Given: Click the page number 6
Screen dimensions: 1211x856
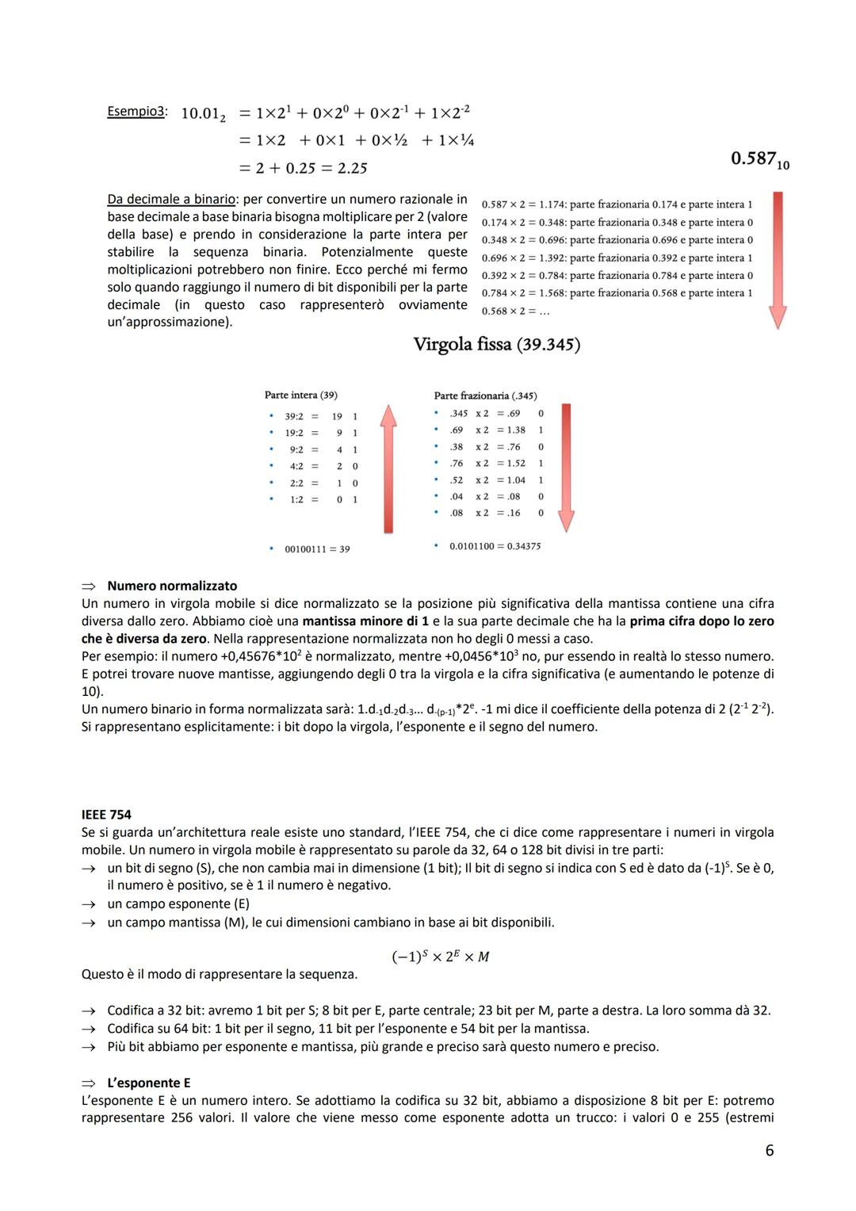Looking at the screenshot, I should (x=769, y=1150).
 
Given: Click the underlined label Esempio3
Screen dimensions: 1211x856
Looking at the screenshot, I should (x=136, y=112).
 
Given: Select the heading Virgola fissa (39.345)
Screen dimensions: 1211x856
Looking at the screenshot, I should (x=496, y=345).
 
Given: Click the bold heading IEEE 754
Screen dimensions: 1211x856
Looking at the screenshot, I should (x=106, y=815).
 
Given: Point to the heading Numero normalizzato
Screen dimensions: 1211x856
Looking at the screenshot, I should (x=172, y=586).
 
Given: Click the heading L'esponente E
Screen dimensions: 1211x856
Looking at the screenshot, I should (x=148, y=1083).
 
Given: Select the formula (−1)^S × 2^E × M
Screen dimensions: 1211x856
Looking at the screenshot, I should (x=441, y=957).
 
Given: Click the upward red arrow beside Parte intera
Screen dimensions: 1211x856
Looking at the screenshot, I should (x=388, y=468).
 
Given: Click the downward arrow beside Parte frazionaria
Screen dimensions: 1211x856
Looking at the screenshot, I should (x=565, y=468).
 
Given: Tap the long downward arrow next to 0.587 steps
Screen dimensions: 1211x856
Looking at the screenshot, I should (x=778, y=259).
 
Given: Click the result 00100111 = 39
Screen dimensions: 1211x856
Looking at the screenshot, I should (x=317, y=548).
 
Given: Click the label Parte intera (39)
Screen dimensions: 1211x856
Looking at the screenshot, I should (x=300, y=395).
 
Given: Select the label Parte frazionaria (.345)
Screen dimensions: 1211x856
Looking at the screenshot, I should (x=485, y=395).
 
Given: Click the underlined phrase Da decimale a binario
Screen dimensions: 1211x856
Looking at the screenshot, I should (x=171, y=199).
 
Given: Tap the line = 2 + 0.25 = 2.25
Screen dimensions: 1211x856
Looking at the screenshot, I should (x=303, y=168).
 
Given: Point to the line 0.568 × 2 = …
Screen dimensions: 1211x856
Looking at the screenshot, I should (x=515, y=311).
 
